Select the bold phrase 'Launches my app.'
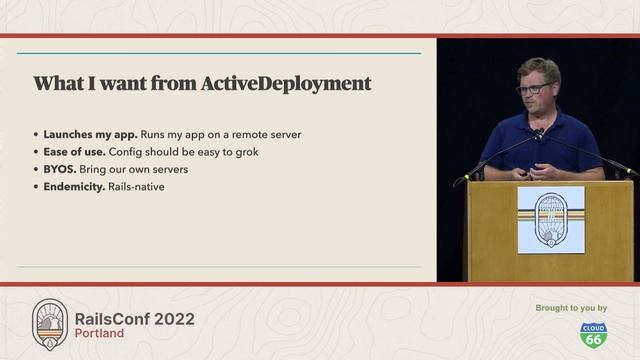83,134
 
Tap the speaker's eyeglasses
534,89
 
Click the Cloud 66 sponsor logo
594,334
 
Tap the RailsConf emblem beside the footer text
50,323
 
